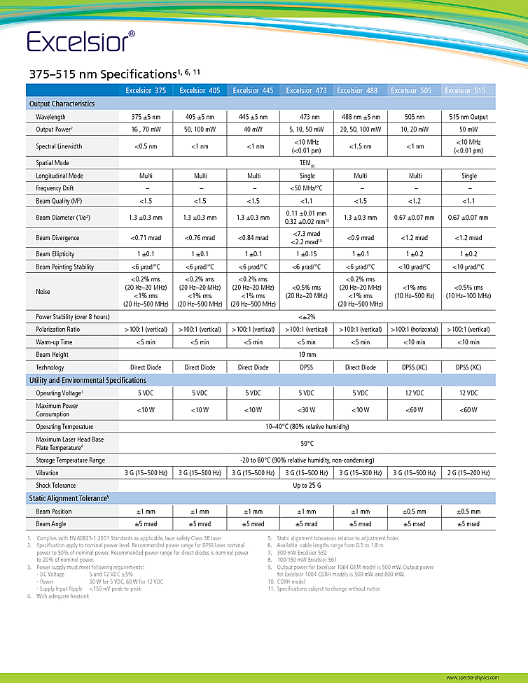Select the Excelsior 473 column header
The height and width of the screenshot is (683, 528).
coord(307,90)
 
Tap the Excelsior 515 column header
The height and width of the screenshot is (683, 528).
coord(469,90)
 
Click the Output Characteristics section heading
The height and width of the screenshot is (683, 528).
coord(62,104)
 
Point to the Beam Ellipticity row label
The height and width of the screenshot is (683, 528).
coord(55,254)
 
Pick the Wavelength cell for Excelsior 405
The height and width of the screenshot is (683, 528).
coord(200,117)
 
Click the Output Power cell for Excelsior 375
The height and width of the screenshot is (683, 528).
coord(146,129)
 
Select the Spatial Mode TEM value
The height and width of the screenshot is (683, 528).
coord(307,163)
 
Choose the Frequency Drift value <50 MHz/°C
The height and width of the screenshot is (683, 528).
coord(307,188)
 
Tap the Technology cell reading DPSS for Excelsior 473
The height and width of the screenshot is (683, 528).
coord(307,367)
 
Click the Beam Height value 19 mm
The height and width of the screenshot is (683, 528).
coord(307,355)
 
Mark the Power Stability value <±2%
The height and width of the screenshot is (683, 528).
coord(307,317)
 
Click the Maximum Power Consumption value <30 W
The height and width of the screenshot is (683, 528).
coord(307,410)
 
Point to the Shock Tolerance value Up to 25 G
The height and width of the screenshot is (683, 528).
coord(307,485)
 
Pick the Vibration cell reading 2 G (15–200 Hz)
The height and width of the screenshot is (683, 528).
coord(469,473)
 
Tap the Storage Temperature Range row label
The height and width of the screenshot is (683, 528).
coord(70,460)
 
